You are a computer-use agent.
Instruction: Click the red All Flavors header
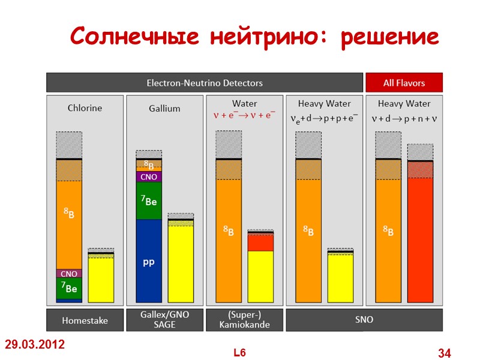pos(404,83)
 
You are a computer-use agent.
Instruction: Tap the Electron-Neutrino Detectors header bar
pos(205,83)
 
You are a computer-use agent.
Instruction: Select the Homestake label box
pos(85,320)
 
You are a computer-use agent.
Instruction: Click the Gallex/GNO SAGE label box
pos(164,320)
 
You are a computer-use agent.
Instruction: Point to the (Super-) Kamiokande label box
pos(244,320)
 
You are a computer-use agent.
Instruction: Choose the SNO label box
pos(364,320)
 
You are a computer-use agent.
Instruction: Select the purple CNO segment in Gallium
pos(149,177)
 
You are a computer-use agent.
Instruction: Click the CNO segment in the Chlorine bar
pos(69,274)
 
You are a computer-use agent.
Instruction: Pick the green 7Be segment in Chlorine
pos(69,288)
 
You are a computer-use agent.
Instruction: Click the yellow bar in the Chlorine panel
pos(101,279)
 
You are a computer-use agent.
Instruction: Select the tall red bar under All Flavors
pos(420,240)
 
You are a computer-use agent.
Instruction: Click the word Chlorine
pos(85,109)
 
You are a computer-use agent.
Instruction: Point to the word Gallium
pos(164,109)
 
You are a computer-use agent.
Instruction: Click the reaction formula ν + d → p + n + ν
pos(404,119)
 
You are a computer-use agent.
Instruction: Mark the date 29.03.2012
pos(35,345)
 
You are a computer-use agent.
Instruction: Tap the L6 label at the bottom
pos(240,353)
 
